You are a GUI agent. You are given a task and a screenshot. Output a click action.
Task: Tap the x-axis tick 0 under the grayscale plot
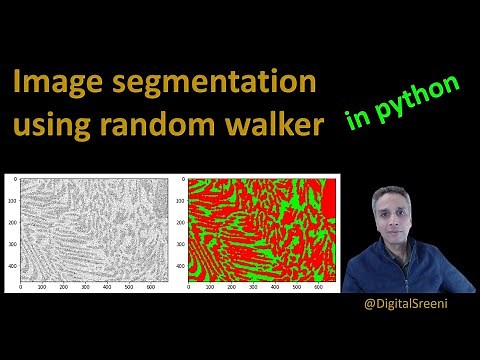click(x=22, y=287)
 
